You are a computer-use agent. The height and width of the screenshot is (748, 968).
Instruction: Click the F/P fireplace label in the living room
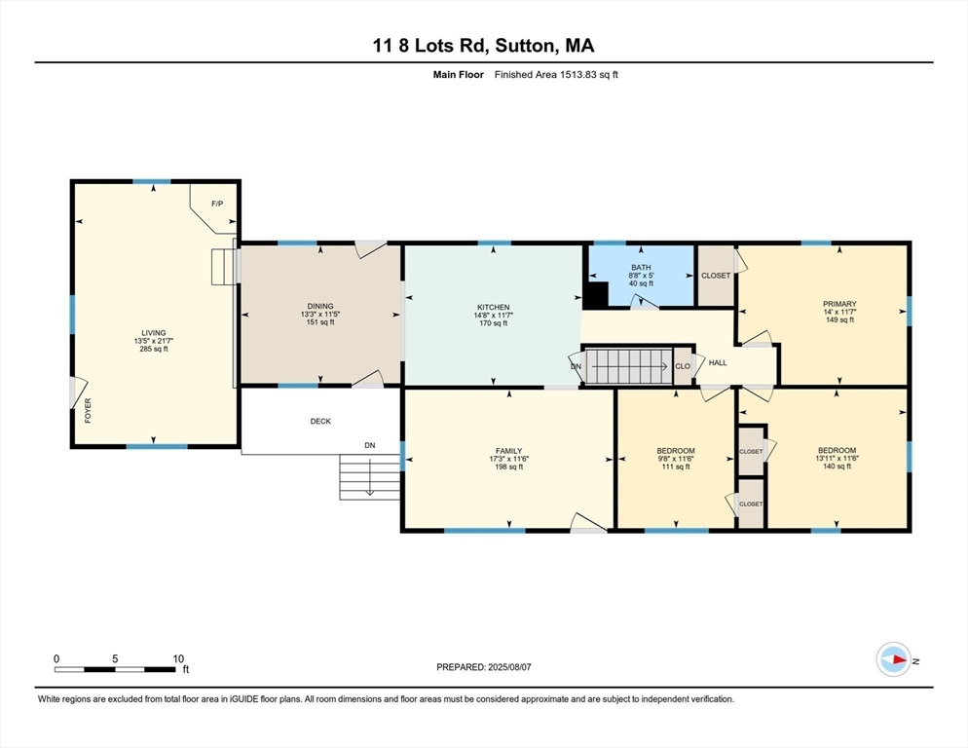pyautogui.click(x=217, y=204)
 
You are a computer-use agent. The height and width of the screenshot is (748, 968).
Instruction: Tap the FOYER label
pyautogui.click(x=88, y=410)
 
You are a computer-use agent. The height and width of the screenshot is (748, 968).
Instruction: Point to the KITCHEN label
pyautogui.click(x=494, y=307)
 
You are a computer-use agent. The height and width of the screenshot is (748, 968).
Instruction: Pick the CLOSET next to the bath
pyautogui.click(x=716, y=276)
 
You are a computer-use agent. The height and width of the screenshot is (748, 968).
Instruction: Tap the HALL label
pyautogui.click(x=718, y=363)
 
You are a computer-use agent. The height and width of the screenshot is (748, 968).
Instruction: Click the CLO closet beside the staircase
pyautogui.click(x=683, y=367)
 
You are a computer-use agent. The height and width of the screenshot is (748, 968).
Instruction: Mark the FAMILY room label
pyautogui.click(x=508, y=451)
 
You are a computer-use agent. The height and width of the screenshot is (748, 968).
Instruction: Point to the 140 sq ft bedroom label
pyautogui.click(x=837, y=458)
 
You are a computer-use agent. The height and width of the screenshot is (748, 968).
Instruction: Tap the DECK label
pyautogui.click(x=320, y=422)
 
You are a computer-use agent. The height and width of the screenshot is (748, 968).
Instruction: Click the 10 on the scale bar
pyautogui.click(x=178, y=658)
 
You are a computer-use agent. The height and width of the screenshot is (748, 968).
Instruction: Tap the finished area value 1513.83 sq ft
pyautogui.click(x=569, y=75)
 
